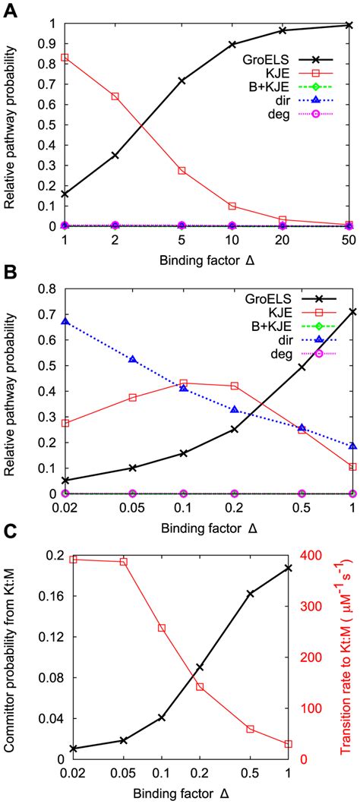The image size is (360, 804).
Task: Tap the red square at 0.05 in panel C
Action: click(x=123, y=541)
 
